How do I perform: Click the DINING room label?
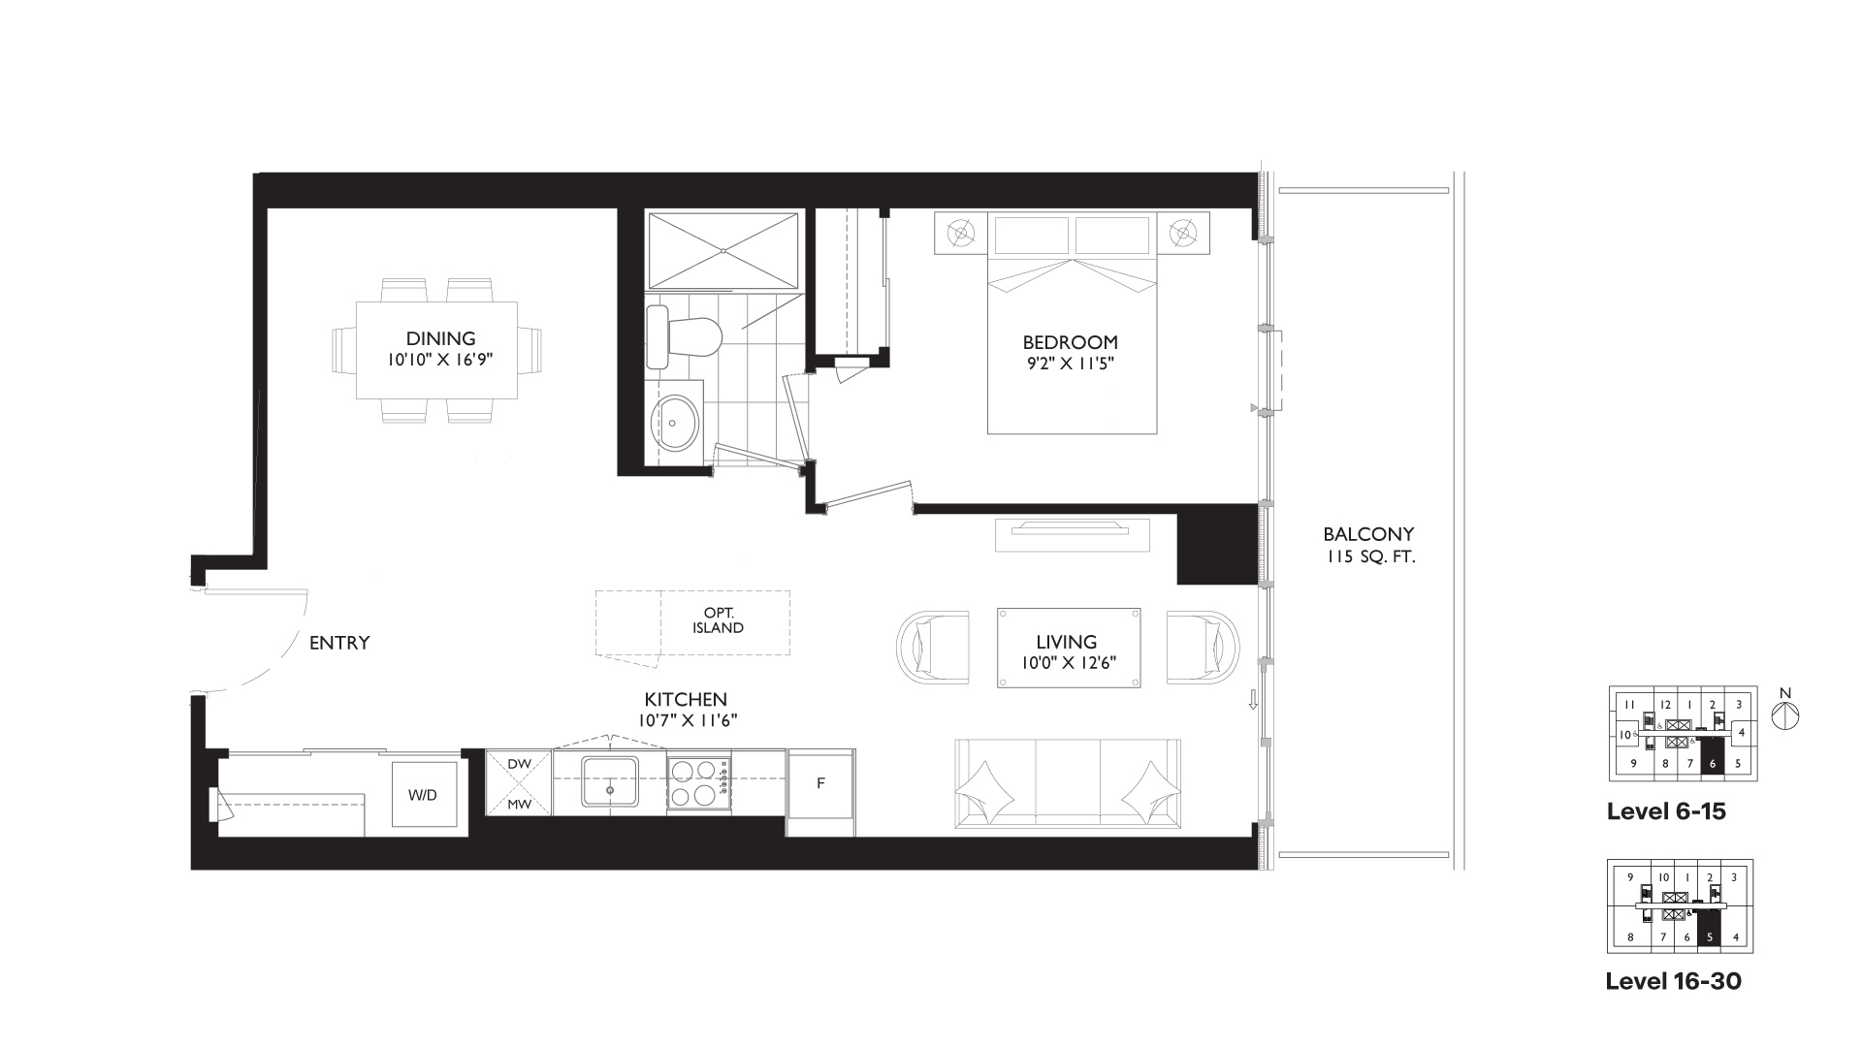[440, 338]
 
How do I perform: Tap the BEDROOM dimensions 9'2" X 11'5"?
[1070, 364]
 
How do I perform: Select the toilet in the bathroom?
[684, 336]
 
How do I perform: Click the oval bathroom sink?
[674, 423]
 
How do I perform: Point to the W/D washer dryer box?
[422, 794]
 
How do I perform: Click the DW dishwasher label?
[519, 764]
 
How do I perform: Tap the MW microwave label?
[519, 804]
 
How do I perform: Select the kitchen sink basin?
[610, 781]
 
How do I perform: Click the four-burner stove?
[699, 782]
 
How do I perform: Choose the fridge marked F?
[820, 783]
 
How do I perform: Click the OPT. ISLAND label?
[718, 620]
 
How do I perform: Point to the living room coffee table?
[1069, 649]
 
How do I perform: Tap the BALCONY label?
[1368, 533]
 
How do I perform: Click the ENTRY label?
[339, 642]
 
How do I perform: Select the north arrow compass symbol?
[1785, 714]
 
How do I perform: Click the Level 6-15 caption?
[1666, 811]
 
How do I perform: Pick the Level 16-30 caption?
[1674, 981]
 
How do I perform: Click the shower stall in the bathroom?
[723, 250]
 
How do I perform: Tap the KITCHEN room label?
[686, 699]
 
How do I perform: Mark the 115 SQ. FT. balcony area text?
[1368, 557]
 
